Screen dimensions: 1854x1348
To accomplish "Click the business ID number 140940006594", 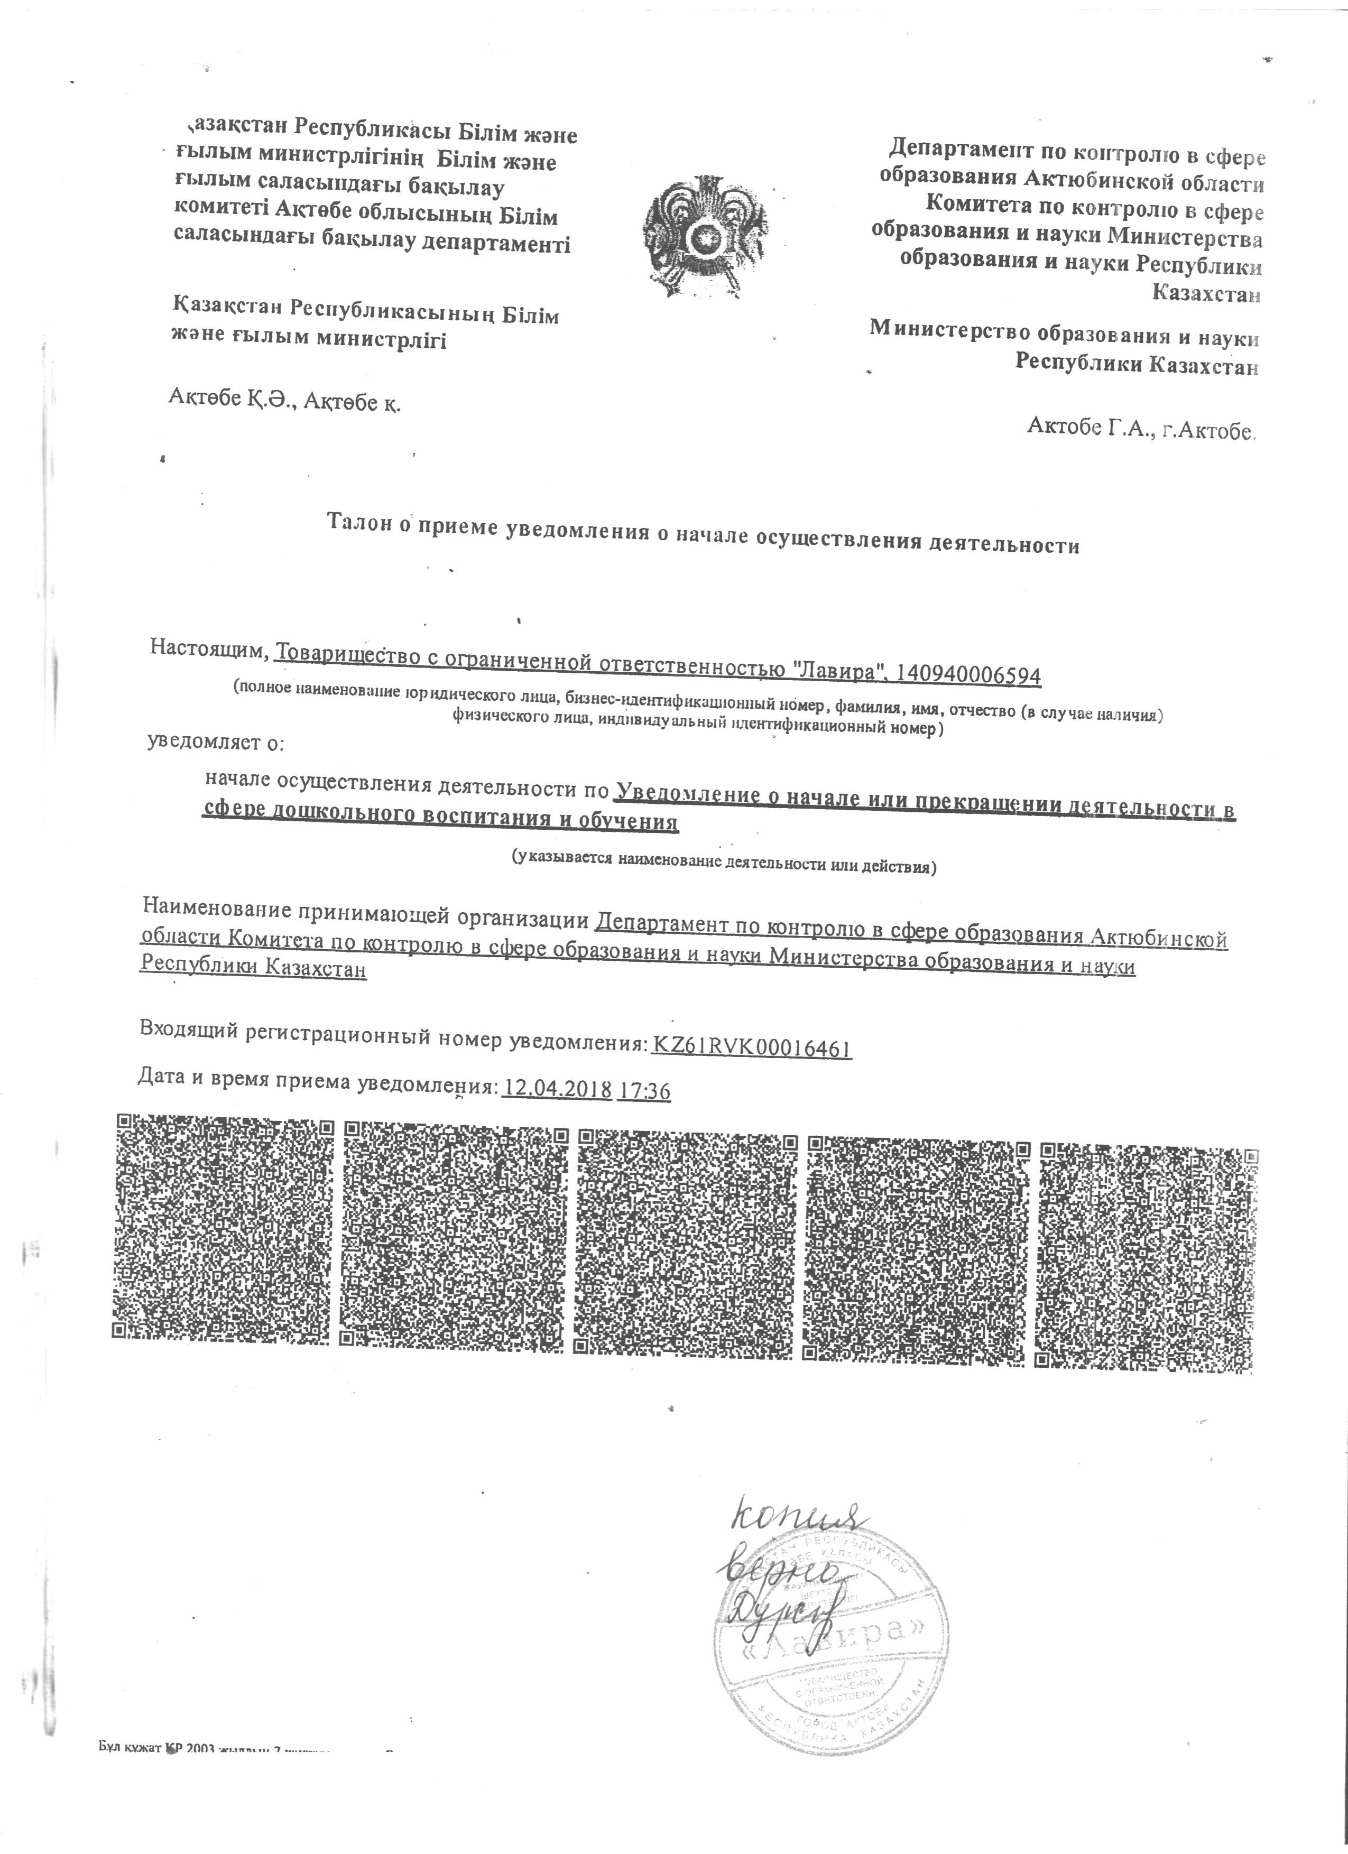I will [x=968, y=674].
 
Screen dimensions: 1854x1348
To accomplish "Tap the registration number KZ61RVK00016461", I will [x=751, y=1047].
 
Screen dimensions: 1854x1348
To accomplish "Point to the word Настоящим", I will [x=209, y=647].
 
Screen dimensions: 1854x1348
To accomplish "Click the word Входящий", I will [x=190, y=1029].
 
